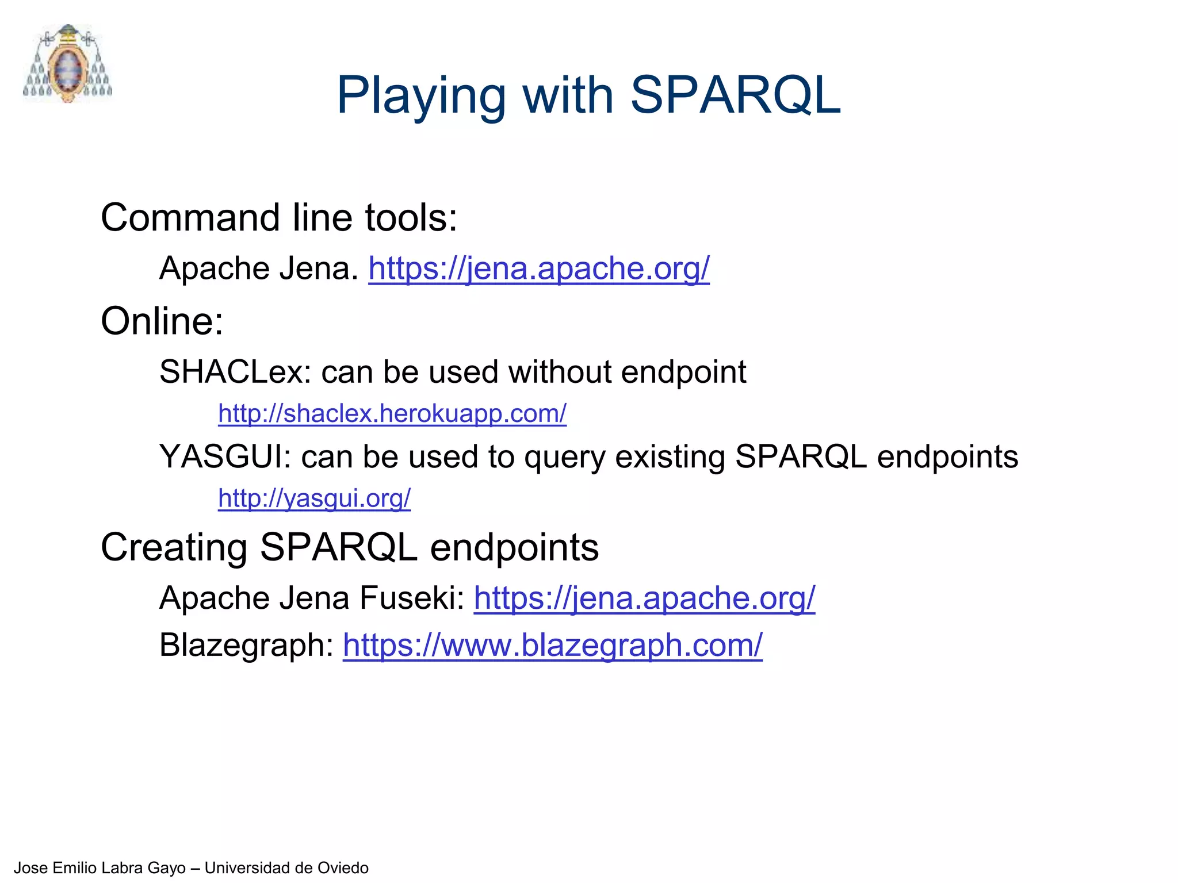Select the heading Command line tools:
pos(279,218)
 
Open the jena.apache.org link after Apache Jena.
pos(539,268)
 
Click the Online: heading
pos(162,321)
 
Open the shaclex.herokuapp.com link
pos(392,413)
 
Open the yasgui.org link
pos(314,498)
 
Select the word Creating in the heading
pos(174,547)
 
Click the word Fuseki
pos(412,598)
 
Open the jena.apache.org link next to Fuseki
pos(644,598)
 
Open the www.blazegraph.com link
pos(552,645)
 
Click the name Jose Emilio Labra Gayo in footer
pos(100,867)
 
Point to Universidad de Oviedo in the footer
pos(286,867)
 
